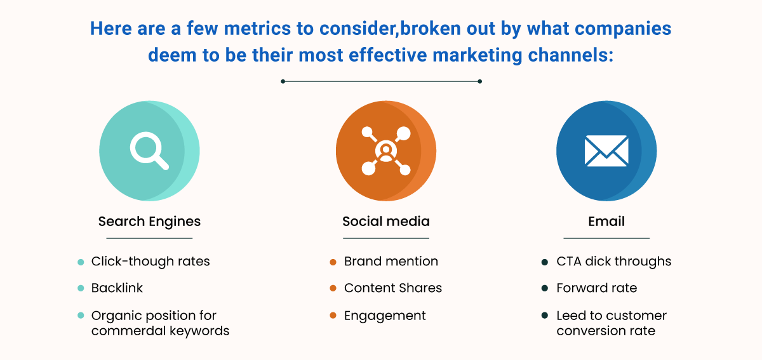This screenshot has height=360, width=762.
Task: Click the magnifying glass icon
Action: tap(149, 150)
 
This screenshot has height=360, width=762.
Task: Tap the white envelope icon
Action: tap(606, 150)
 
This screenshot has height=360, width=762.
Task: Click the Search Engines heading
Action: tap(149, 222)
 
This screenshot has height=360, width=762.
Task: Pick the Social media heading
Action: tap(386, 222)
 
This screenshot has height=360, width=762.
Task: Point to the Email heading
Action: tap(606, 222)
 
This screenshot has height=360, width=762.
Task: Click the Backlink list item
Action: tap(117, 288)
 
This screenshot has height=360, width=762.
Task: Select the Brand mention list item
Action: tap(391, 262)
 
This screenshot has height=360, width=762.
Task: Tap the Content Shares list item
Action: tap(393, 288)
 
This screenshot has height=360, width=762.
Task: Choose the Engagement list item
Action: tap(385, 316)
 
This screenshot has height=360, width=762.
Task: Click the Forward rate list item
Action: tap(597, 288)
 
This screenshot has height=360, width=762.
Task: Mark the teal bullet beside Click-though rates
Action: tap(81, 262)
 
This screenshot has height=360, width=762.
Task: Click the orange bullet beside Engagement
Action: tap(333, 316)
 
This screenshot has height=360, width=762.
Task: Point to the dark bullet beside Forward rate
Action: tap(545, 288)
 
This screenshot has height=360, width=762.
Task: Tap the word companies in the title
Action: tap(623, 29)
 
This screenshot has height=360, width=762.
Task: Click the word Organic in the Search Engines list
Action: tap(115, 316)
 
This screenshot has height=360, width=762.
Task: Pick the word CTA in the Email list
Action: tap(569, 262)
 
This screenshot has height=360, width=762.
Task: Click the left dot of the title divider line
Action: tap(283, 81)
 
